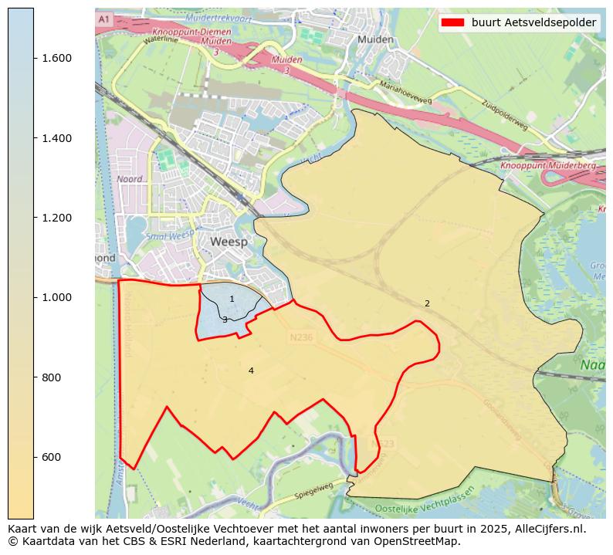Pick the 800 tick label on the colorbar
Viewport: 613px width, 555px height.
tap(50, 377)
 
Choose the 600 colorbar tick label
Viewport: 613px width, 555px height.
tap(50, 457)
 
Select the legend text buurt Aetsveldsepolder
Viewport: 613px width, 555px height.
tap(533, 22)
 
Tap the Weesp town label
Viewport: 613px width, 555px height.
tap(229, 242)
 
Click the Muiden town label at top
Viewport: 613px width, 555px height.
tap(376, 39)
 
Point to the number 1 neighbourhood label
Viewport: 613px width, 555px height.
tap(232, 299)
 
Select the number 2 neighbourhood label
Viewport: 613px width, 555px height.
tap(427, 303)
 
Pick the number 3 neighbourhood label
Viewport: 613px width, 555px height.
tap(225, 320)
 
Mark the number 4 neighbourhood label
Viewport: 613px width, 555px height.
tap(251, 371)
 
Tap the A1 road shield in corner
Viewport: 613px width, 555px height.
tap(105, 19)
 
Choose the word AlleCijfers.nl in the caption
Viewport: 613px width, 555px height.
tap(546, 530)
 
